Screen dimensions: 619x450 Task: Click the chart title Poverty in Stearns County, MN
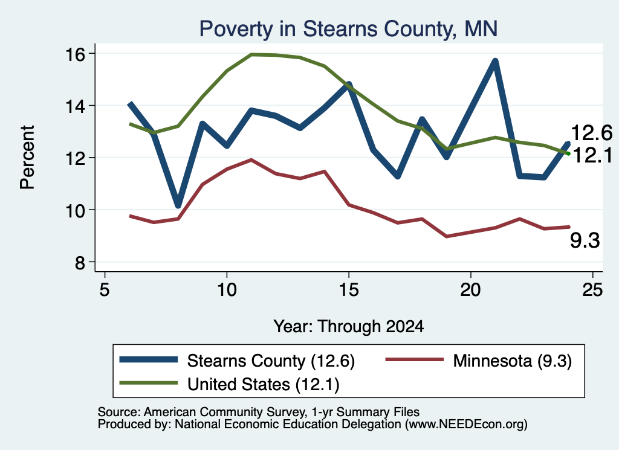(x=348, y=29)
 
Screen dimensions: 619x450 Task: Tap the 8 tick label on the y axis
(x=80, y=263)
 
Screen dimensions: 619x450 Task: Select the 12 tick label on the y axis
(x=75, y=158)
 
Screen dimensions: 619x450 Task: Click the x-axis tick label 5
(x=104, y=290)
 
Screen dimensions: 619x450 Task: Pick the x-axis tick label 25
(x=592, y=290)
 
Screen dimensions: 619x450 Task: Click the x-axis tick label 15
(x=349, y=290)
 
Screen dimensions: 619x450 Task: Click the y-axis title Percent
(x=27, y=158)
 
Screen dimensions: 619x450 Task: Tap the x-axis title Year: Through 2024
(x=349, y=327)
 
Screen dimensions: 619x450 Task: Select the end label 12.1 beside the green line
(x=592, y=155)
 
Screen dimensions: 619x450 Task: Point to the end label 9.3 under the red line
(x=585, y=240)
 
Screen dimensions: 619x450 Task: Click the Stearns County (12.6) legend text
(x=271, y=361)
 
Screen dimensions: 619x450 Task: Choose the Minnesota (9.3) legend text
(x=513, y=361)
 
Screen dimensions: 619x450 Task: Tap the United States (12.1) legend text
(x=264, y=385)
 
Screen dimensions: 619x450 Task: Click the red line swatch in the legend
(x=415, y=359)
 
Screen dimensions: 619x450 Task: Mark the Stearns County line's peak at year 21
(x=495, y=62)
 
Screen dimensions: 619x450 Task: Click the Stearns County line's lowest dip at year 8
(x=178, y=205)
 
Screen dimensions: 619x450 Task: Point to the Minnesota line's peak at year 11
(x=251, y=159)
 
